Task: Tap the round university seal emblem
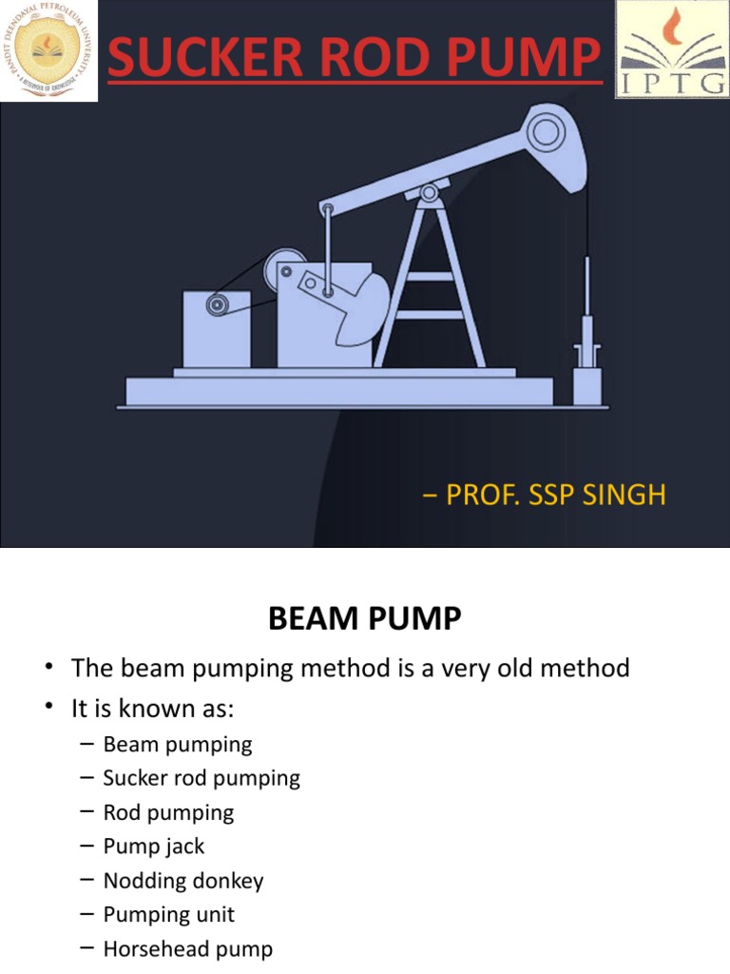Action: click(48, 50)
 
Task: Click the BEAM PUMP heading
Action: click(364, 620)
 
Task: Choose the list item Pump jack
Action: click(153, 846)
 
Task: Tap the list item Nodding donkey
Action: click(182, 880)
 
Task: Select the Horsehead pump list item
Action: click(187, 948)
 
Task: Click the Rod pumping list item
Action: click(168, 811)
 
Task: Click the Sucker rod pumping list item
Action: click(201, 777)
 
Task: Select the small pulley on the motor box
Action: click(218, 304)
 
